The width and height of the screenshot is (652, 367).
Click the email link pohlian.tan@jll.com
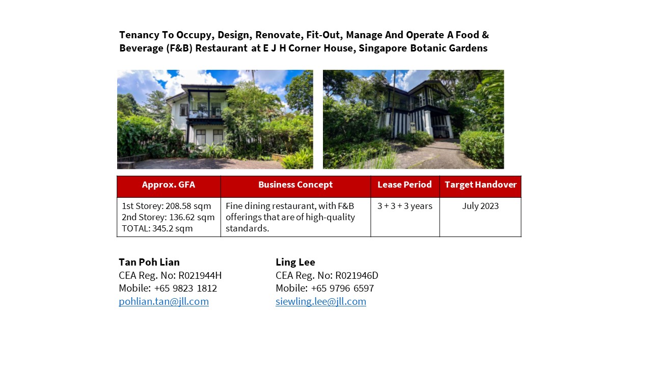(164, 301)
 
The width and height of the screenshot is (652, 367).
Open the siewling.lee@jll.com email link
(321, 301)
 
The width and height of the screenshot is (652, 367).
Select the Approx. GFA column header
(169, 185)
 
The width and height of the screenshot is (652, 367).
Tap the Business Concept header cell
(295, 185)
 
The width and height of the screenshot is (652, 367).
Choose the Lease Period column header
(404, 185)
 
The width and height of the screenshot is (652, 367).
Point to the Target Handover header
(480, 185)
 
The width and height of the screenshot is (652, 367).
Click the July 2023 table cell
(480, 206)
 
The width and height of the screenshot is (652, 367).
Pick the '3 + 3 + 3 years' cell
(405, 206)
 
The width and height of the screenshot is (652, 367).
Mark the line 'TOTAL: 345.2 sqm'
(157, 228)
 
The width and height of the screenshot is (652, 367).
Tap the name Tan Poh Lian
(149, 262)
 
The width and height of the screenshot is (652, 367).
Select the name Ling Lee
(295, 262)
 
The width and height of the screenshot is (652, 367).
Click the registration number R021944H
(200, 276)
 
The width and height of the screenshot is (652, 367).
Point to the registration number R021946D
(357, 276)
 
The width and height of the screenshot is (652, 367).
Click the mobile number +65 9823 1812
(185, 289)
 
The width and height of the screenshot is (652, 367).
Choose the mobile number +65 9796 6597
(342, 289)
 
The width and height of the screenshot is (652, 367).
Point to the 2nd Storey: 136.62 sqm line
(168, 218)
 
